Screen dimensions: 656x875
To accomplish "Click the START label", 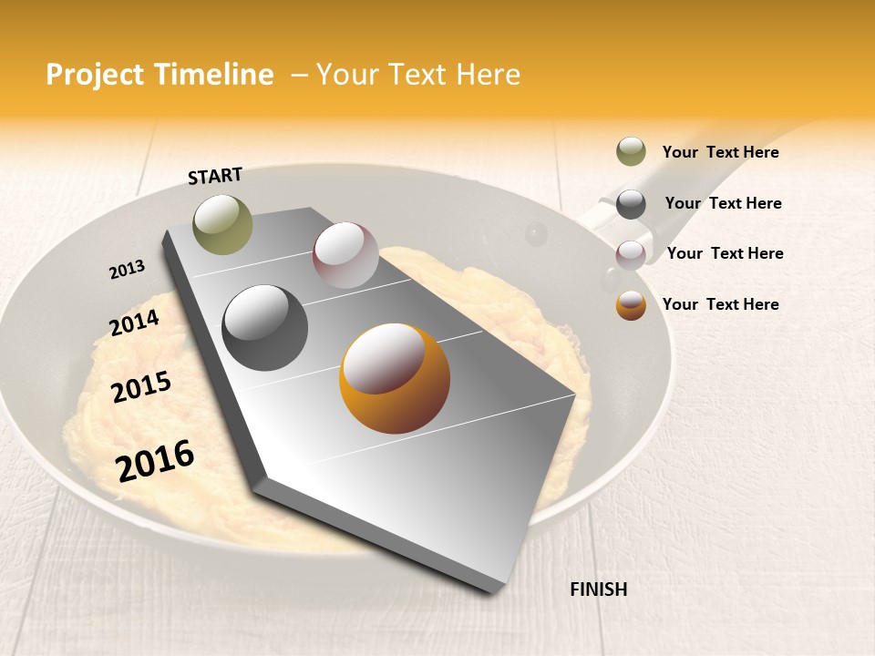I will [x=215, y=176].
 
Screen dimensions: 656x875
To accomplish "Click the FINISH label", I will [x=599, y=589].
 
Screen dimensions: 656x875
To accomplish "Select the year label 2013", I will [x=127, y=270].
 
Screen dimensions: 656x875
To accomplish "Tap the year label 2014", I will [x=135, y=323].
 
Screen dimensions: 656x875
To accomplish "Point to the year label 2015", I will [x=141, y=387].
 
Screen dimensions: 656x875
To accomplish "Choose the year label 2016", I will [x=155, y=460].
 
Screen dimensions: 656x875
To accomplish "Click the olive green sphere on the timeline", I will [x=222, y=224].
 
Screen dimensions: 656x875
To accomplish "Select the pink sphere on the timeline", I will [x=345, y=254].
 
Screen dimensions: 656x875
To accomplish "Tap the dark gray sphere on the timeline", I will [x=265, y=327].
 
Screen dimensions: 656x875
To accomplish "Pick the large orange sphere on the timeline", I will [x=395, y=378].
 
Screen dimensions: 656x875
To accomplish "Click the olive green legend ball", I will [x=631, y=152].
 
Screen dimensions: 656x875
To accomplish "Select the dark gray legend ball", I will [x=631, y=204].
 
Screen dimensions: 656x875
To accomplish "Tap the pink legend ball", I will [x=631, y=254].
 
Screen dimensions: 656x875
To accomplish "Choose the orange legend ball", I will [x=631, y=305].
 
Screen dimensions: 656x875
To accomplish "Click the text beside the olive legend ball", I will [x=720, y=152].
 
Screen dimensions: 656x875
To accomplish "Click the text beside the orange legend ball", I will [x=720, y=304].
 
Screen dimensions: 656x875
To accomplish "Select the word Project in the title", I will [x=94, y=75].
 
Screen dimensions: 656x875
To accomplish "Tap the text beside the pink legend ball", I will [x=725, y=253].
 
